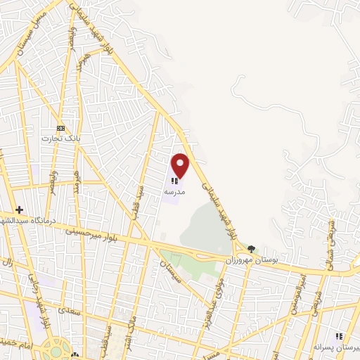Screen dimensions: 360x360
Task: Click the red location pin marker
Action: point(181,165)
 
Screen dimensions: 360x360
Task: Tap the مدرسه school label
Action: point(174,191)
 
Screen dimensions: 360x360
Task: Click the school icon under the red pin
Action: point(174,181)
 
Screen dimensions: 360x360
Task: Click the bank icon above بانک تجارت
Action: point(60,129)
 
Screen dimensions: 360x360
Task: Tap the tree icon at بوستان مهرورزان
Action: point(251,248)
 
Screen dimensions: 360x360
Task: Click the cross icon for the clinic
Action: point(20,210)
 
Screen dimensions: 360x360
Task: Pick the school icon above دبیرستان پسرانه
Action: point(340,337)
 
